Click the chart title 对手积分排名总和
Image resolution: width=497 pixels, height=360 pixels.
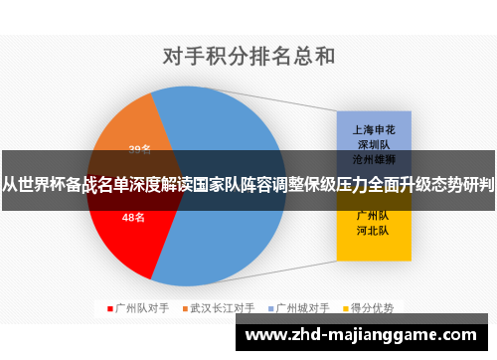(248, 55)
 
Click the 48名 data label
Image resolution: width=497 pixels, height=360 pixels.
(133, 217)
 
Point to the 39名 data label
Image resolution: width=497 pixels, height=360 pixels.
(139, 149)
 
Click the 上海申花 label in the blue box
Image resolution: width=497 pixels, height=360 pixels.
(371, 128)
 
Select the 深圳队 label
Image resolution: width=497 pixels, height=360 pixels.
(371, 143)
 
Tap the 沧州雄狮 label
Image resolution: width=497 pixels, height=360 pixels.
(371, 158)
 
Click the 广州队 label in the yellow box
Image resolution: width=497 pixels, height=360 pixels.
(371, 214)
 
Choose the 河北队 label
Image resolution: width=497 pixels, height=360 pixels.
(371, 230)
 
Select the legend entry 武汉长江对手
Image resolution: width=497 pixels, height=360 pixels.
(222, 307)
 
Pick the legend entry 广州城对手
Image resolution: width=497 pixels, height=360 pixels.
(302, 307)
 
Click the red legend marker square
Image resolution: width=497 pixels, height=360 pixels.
(109, 307)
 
